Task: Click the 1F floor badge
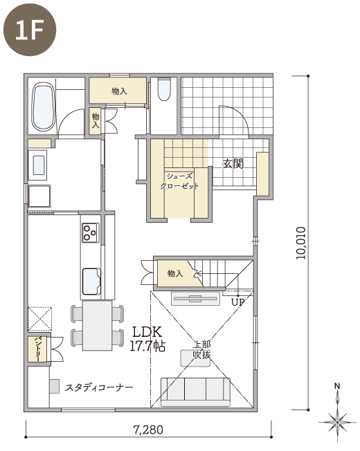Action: pos(30,30)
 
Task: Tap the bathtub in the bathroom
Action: pos(44,107)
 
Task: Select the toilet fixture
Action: pos(164,89)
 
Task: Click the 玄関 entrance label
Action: pos(233,164)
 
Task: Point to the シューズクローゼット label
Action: pos(179,181)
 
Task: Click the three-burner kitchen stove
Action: pos(91,232)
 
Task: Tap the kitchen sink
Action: pos(91,282)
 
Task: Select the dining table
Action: pos(97,325)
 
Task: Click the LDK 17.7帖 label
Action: pos(147,339)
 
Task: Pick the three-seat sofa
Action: pos(195,392)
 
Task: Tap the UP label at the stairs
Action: pos(238,302)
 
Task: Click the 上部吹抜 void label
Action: pos(201,350)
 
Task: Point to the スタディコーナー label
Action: pos(99,387)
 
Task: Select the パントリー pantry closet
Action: pos(37,349)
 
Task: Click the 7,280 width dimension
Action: pos(148,430)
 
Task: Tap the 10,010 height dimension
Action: pos(300,243)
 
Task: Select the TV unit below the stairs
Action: pos(196,298)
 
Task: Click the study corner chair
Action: pos(54,386)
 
